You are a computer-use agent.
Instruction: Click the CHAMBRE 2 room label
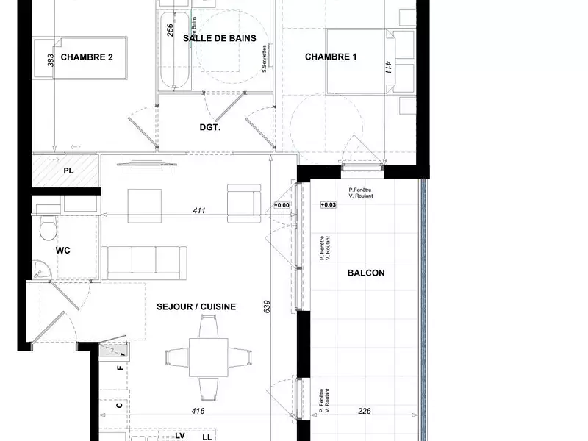[86, 57]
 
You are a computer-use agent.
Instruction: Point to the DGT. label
[210, 127]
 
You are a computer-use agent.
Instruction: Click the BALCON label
[365, 273]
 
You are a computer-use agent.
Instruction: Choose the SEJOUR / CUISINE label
[196, 306]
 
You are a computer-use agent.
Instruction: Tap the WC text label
[62, 251]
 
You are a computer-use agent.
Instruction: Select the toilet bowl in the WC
[47, 229]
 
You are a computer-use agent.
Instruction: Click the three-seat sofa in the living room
[145, 262]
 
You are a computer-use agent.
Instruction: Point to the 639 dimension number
[267, 306]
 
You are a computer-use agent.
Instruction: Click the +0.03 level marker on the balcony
[327, 204]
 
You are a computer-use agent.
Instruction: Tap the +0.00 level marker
[282, 204]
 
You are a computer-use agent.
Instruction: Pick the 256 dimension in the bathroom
[170, 30]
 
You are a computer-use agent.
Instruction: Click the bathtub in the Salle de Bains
[173, 55]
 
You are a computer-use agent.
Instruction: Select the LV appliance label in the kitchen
[179, 435]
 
